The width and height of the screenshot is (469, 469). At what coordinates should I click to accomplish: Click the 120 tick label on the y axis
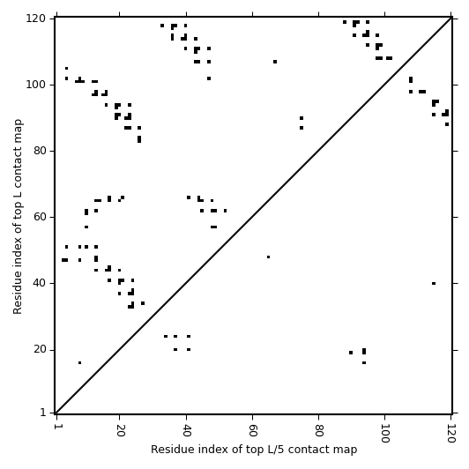[35, 19]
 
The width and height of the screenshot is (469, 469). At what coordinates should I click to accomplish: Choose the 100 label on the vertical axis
[35, 85]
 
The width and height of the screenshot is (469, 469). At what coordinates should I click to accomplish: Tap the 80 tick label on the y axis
[39, 151]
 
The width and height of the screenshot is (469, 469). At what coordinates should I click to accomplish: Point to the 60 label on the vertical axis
[39, 217]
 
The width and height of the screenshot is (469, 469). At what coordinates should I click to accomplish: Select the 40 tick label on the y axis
[39, 283]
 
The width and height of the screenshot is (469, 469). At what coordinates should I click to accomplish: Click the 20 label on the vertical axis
[39, 350]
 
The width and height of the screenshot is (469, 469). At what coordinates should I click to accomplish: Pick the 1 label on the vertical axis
[43, 413]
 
